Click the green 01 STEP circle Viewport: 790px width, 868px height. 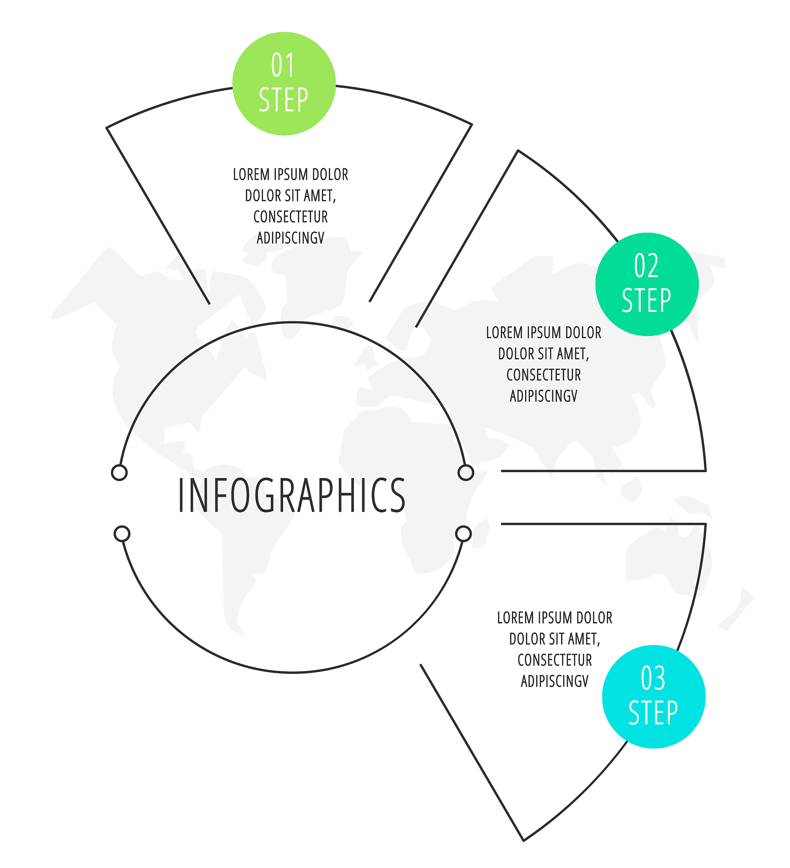point(284,83)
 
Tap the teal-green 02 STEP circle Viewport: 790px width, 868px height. point(647,284)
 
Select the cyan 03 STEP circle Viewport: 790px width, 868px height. point(654,697)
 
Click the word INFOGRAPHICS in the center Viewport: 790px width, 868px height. point(292,495)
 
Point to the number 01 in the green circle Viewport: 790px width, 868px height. point(283,65)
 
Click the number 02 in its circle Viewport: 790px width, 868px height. point(646,266)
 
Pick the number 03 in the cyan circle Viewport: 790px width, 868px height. point(653,679)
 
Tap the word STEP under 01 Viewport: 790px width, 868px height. point(283,100)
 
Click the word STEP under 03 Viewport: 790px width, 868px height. point(653,713)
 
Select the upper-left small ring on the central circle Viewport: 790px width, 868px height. point(119,473)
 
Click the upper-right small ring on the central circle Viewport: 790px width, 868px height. point(466,473)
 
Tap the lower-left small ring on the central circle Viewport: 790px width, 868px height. point(122,534)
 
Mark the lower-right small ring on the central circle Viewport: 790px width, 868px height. point(463,534)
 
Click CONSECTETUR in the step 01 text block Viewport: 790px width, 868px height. point(291,217)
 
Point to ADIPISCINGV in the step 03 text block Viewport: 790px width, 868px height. point(554,681)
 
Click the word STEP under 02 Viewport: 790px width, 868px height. point(646,300)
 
